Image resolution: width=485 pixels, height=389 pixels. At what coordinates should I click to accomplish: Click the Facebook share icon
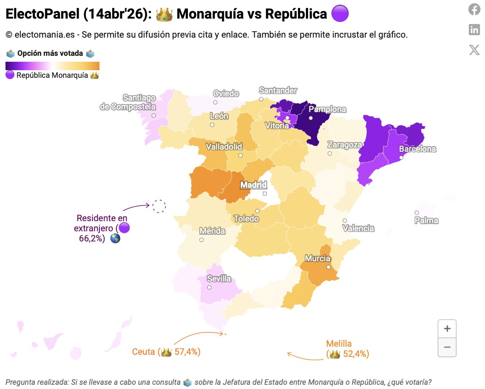tap(474, 9)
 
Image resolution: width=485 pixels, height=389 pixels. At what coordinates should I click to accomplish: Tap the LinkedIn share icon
tap(474, 30)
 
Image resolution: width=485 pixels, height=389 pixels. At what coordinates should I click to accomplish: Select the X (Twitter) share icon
tap(474, 50)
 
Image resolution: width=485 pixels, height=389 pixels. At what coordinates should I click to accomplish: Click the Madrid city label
tap(254, 185)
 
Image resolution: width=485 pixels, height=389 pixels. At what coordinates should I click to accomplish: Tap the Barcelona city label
tap(417, 149)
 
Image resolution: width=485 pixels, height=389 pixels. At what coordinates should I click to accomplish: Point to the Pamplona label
tap(327, 109)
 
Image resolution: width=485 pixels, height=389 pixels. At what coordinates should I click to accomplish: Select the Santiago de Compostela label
tap(128, 103)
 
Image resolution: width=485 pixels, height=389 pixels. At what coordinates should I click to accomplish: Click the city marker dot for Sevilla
tap(209, 288)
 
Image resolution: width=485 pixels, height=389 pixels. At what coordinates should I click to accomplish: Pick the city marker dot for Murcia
tap(328, 267)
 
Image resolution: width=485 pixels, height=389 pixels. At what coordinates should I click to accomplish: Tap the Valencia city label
tap(358, 228)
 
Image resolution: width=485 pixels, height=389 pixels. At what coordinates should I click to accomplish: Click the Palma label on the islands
tap(426, 220)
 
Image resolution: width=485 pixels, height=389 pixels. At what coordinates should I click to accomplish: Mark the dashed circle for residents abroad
tap(159, 206)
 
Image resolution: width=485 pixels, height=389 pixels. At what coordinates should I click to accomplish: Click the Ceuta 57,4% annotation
tap(166, 352)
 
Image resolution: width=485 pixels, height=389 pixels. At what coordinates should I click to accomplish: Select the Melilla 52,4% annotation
tap(347, 349)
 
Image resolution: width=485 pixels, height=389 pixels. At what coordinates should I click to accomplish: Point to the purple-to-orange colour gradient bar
tap(52, 66)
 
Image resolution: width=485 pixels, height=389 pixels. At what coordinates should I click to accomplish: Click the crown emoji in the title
tap(164, 14)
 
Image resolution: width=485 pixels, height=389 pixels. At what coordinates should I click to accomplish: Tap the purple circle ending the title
tap(340, 14)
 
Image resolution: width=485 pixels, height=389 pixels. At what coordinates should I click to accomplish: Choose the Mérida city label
tap(212, 231)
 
